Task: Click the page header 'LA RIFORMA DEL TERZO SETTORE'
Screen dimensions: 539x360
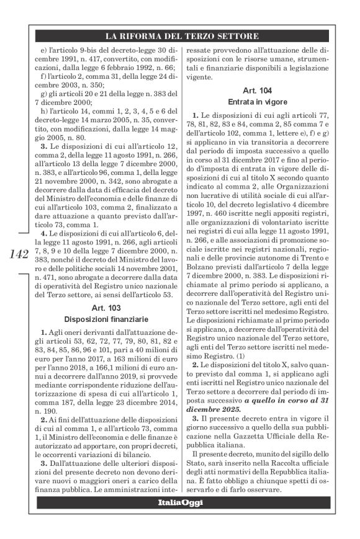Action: [182, 35]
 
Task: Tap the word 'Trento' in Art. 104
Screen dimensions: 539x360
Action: [322, 263]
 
